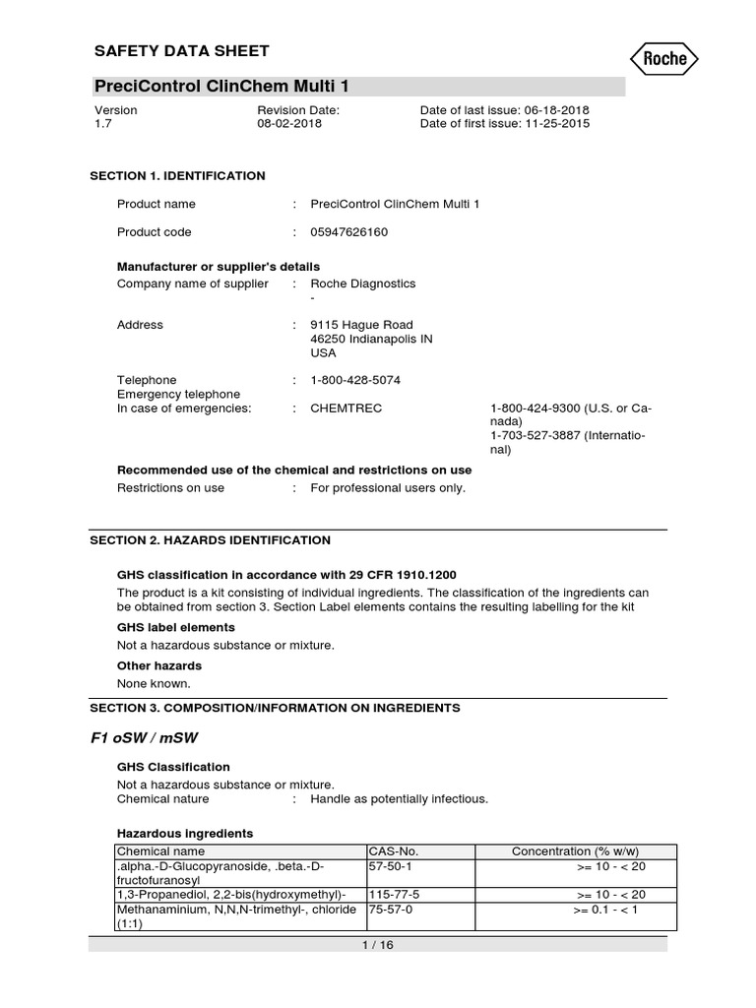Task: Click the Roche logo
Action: (664, 58)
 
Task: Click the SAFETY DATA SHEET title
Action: (180, 51)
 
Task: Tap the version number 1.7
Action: (102, 125)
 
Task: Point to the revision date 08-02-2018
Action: (288, 125)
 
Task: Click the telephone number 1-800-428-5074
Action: (355, 380)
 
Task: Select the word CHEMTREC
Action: (346, 408)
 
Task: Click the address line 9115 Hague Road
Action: (361, 325)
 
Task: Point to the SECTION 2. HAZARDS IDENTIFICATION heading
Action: (211, 540)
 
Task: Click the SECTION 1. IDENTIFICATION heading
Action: (178, 176)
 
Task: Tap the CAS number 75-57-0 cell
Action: (389, 911)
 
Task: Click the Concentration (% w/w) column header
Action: (575, 850)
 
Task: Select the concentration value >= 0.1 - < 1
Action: (606, 911)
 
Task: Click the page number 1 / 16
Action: (377, 945)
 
